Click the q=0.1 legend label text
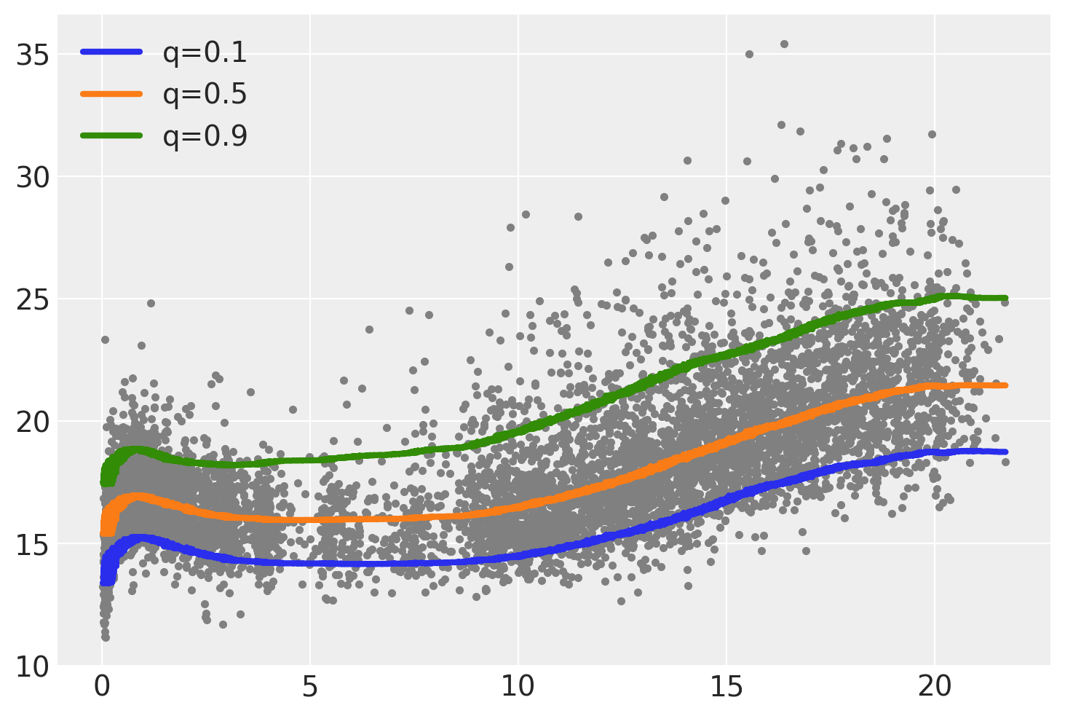point(205,53)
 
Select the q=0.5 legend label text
point(205,95)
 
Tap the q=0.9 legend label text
point(205,136)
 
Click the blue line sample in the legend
point(111,52)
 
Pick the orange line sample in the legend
point(111,93)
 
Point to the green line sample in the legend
point(111,135)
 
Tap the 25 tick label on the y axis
point(31,299)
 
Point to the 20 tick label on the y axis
point(31,422)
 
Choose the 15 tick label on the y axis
point(31,544)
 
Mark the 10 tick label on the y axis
point(31,666)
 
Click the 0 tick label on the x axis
point(103,687)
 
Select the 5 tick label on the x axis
point(311,687)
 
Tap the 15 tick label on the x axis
point(727,687)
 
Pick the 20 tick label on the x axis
point(935,687)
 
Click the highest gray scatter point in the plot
point(784,44)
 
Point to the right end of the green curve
point(1005,298)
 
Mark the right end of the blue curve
point(1005,452)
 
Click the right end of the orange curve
point(1005,385)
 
